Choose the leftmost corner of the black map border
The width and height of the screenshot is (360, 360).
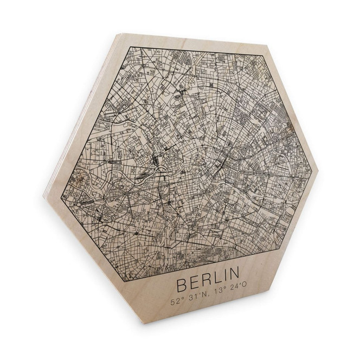pos(61,190)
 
